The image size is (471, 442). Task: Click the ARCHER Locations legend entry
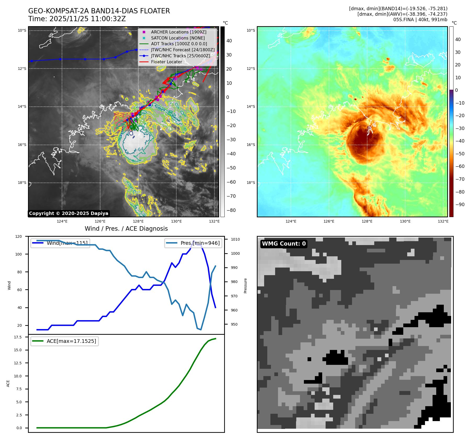pyautogui.click(x=179, y=32)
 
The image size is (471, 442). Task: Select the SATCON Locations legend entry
pyautogui.click(x=178, y=38)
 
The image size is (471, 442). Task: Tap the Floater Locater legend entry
pyautogui.click(x=166, y=62)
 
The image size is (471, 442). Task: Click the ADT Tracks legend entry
pyautogui.click(x=179, y=44)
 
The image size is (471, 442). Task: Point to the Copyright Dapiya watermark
pyautogui.click(x=69, y=213)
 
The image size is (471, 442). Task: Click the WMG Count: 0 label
pyautogui.click(x=284, y=244)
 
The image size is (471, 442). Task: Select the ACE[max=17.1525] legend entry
pyautogui.click(x=71, y=341)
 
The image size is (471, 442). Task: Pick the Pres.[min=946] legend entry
pyautogui.click(x=200, y=243)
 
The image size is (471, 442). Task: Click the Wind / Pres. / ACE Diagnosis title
pyautogui.click(x=126, y=229)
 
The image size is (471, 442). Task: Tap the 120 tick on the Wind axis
pyautogui.click(x=19, y=236)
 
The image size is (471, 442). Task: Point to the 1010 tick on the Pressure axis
pyautogui.click(x=235, y=239)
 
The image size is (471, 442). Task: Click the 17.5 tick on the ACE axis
pyautogui.click(x=18, y=337)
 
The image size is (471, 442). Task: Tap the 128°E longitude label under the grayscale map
pyautogui.click(x=138, y=221)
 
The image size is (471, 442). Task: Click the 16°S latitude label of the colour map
pyautogui.click(x=251, y=145)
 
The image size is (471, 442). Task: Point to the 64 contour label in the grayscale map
pyautogui.click(x=141, y=149)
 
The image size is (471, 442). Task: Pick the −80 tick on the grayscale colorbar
pyautogui.click(x=231, y=210)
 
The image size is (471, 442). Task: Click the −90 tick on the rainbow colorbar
pyautogui.click(x=460, y=205)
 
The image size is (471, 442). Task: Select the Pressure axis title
pyautogui.click(x=245, y=286)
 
